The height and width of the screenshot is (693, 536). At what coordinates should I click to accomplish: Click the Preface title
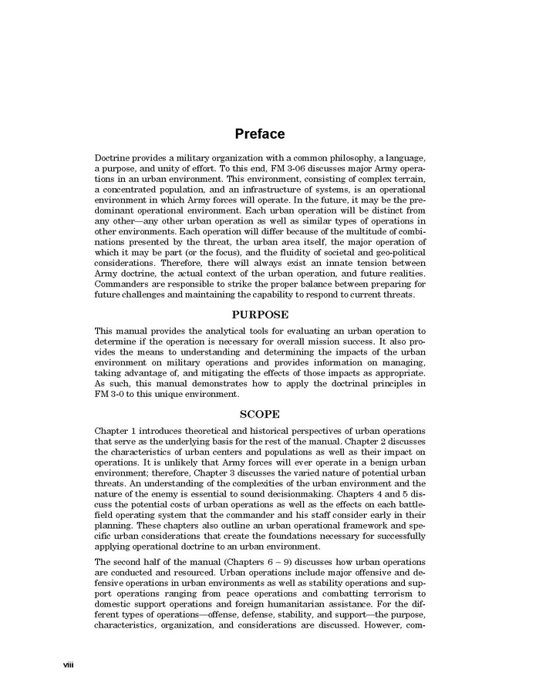click(260, 134)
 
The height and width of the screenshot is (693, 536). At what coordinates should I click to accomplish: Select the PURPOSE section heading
click(260, 315)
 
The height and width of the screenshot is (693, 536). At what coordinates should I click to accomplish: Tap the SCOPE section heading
click(260, 414)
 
